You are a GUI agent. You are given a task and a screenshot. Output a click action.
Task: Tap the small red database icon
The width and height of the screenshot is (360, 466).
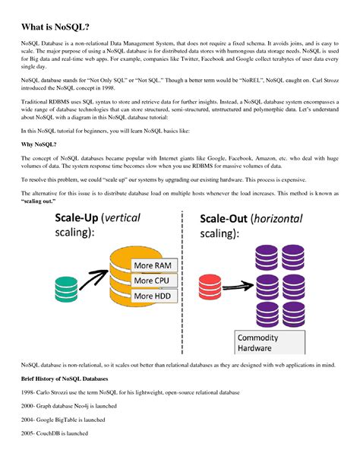210,287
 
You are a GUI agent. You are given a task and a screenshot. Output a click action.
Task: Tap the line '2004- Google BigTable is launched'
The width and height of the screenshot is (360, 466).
65,420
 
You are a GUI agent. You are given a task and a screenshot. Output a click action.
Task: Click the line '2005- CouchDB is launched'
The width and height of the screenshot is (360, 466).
55,433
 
